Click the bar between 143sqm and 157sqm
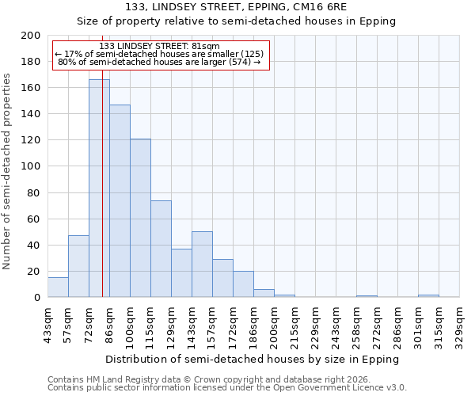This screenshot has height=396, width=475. pos(202,265)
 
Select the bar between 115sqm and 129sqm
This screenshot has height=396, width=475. pos(161,249)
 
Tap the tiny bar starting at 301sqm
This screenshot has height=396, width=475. pos(428,296)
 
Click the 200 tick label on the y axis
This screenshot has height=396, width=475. pos(31,36)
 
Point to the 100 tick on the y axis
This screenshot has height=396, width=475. pos(31,166)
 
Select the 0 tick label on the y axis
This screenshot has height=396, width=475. pos(36,298)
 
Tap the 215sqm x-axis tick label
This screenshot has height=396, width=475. pos(294,326)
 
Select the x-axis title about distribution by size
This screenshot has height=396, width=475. pos(253,359)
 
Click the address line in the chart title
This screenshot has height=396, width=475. pos(236,7)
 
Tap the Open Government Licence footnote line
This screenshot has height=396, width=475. pos(226,388)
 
